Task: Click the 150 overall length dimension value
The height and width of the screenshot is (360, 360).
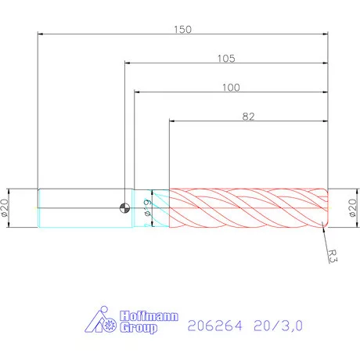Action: click(182, 28)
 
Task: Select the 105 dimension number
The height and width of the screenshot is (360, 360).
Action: click(227, 58)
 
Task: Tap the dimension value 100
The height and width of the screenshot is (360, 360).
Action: click(230, 87)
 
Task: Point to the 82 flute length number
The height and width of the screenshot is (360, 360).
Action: click(248, 116)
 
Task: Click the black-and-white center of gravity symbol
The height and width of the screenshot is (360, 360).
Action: click(124, 207)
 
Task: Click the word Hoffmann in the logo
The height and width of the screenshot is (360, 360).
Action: click(151, 317)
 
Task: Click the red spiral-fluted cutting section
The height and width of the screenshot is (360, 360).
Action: click(247, 207)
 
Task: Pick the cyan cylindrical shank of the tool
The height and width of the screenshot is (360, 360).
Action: click(78, 207)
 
